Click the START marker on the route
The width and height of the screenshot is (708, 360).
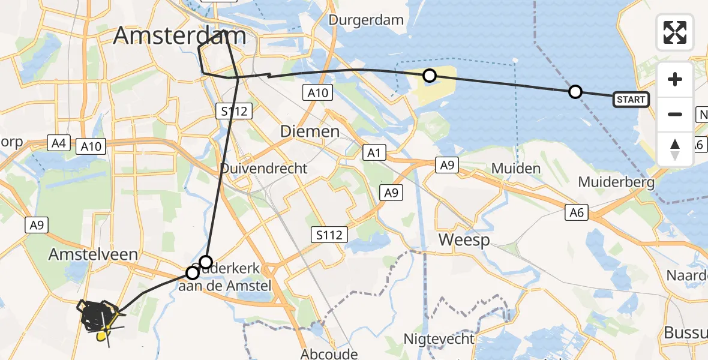click(631, 100)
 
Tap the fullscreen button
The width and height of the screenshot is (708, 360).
click(675, 32)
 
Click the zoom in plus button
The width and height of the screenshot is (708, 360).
click(675, 79)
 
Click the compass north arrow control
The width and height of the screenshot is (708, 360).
click(675, 149)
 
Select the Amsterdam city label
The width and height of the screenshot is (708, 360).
click(179, 36)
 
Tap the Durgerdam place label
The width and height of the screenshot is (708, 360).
click(366, 20)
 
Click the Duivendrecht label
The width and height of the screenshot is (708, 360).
click(263, 168)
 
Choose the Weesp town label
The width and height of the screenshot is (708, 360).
click(464, 240)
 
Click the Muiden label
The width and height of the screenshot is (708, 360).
click(516, 169)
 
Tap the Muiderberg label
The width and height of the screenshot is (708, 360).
click(616, 182)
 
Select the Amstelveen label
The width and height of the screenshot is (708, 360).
click(93, 254)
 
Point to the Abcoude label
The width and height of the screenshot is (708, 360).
click(329, 354)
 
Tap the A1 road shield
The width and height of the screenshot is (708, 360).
click(374, 154)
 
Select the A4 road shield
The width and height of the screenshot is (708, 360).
click(58, 143)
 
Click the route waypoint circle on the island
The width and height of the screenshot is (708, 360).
click(430, 76)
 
